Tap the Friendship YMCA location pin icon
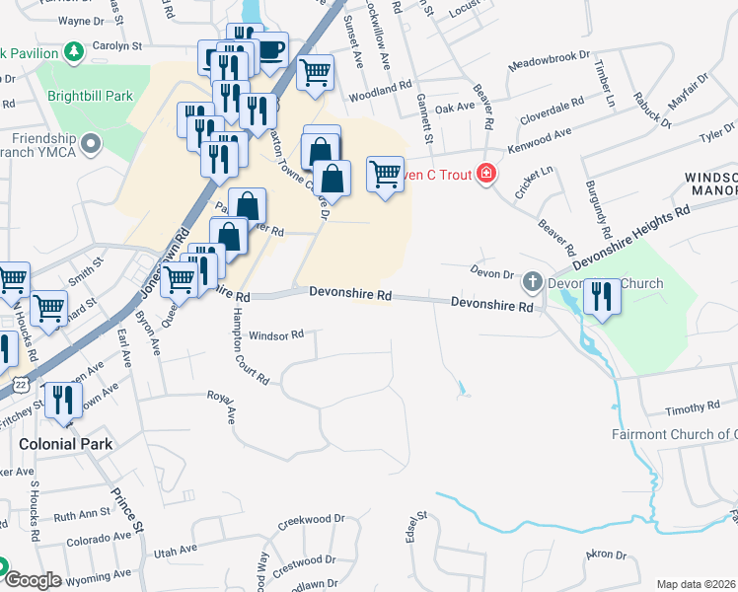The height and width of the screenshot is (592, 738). tap(93, 146)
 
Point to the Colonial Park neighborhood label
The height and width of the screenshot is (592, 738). tap(66, 444)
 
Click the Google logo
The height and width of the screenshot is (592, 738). tap(32, 579)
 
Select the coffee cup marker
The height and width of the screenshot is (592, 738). tap(271, 49)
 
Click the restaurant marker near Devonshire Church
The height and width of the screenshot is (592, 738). tap(601, 297)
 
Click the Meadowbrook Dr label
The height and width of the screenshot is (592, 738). tap(548, 63)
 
